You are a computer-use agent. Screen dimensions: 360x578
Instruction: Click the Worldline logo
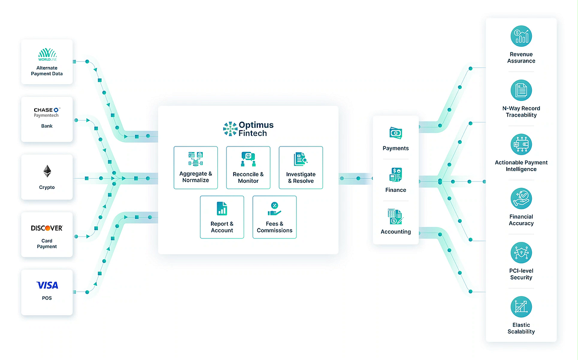pos(47,54)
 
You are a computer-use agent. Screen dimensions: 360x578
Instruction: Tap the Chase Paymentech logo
pos(47,112)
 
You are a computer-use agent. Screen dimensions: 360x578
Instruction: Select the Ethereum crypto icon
pos(47,171)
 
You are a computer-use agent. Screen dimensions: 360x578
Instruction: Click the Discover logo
pos(47,228)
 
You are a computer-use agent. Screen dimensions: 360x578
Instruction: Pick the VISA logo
pos(47,285)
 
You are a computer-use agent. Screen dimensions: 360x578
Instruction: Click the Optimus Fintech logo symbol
pos(230,129)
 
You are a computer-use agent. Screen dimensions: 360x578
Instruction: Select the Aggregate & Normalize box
pos(196,167)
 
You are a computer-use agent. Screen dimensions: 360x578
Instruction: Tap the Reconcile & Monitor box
pos(248,167)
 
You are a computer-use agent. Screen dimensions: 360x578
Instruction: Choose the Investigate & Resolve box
pos(301,167)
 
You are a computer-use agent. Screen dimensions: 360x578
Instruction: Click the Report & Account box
pos(222,217)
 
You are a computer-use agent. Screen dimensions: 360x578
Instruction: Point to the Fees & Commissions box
pos(275,217)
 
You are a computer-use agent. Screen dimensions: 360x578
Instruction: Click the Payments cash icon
pos(396,133)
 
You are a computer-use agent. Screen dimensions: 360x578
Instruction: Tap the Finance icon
pos(396,174)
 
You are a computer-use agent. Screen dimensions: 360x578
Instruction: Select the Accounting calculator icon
pos(396,216)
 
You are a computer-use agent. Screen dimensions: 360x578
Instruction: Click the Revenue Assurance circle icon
pos(521,37)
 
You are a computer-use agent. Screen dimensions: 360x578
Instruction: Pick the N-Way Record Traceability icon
pos(521,91)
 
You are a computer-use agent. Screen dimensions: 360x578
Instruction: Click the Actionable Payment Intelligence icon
pos(521,145)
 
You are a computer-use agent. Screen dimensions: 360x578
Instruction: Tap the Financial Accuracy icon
pos(521,199)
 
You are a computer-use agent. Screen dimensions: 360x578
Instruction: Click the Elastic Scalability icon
pos(521,307)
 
